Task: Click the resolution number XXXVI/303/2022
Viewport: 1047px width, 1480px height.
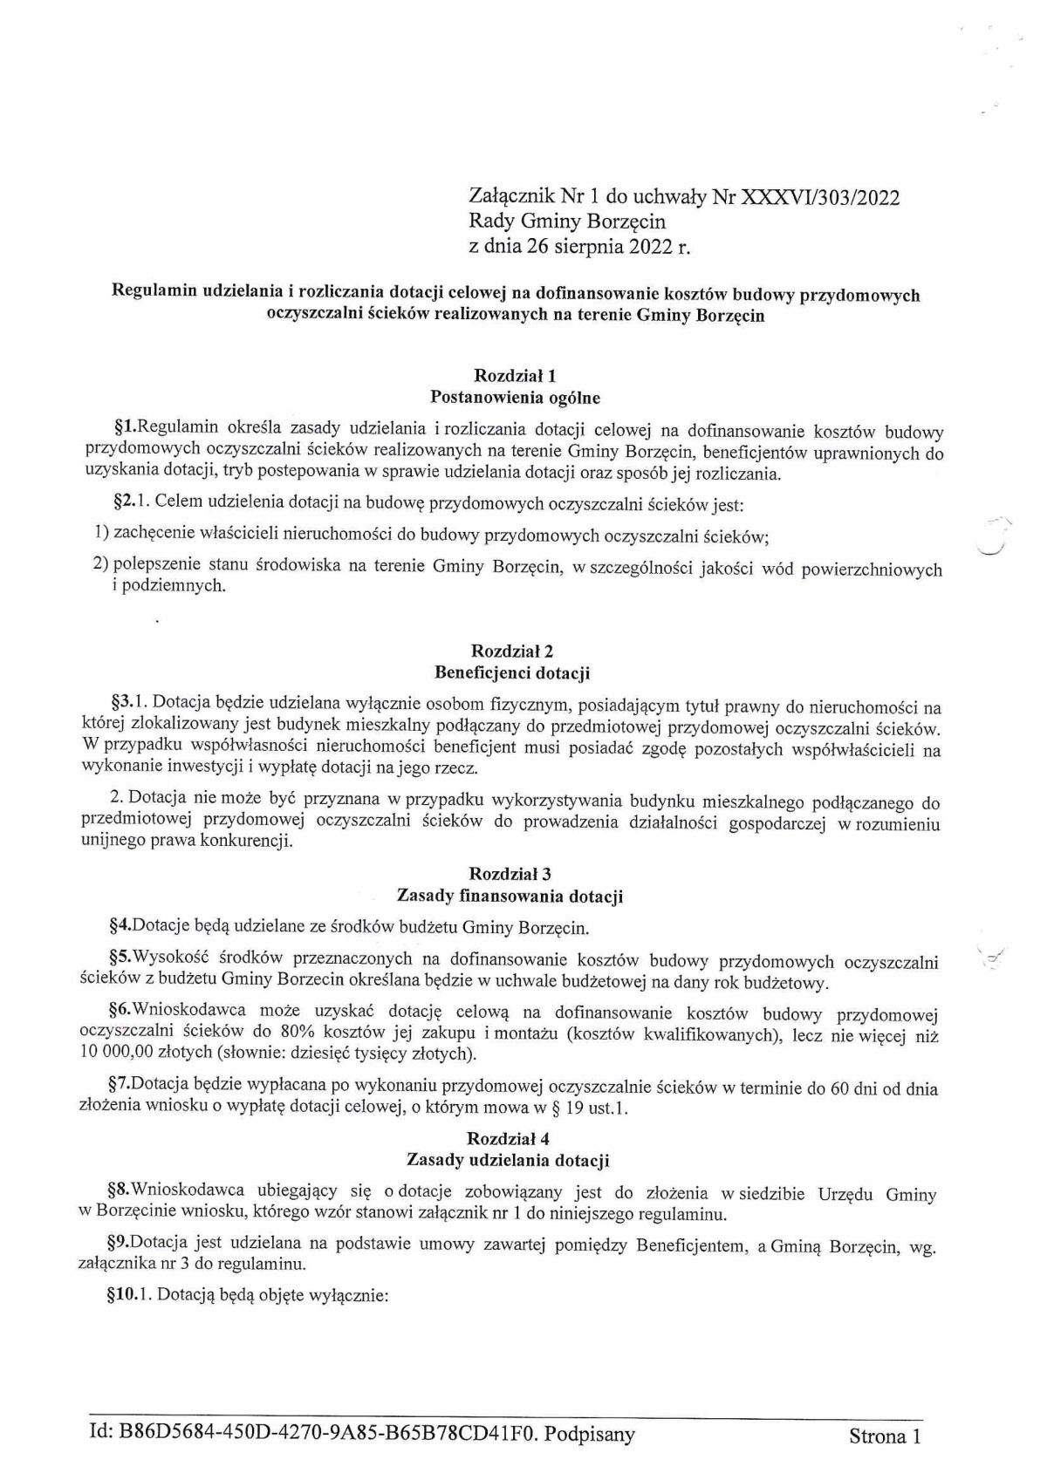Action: click(819, 197)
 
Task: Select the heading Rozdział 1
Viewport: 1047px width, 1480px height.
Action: click(515, 376)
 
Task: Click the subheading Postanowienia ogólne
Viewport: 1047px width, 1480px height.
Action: click(516, 397)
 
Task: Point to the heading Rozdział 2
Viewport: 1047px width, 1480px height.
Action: click(512, 651)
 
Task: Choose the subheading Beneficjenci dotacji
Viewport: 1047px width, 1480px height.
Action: click(512, 672)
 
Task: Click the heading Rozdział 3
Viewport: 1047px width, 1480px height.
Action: click(510, 874)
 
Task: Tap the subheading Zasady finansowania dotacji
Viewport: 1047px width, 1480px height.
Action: click(510, 896)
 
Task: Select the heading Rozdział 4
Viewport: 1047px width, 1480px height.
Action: click(508, 1139)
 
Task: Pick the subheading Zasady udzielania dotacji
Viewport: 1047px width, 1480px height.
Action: click(508, 1161)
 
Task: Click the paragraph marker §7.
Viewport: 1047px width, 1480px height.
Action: click(119, 1088)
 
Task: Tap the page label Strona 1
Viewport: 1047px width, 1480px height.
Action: click(884, 1437)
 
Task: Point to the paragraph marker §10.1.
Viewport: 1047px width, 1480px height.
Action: click(128, 1296)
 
